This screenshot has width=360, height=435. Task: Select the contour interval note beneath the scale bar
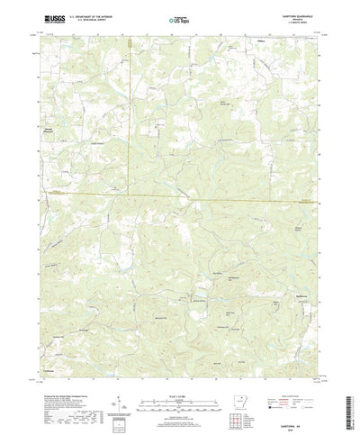click(x=180, y=387)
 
